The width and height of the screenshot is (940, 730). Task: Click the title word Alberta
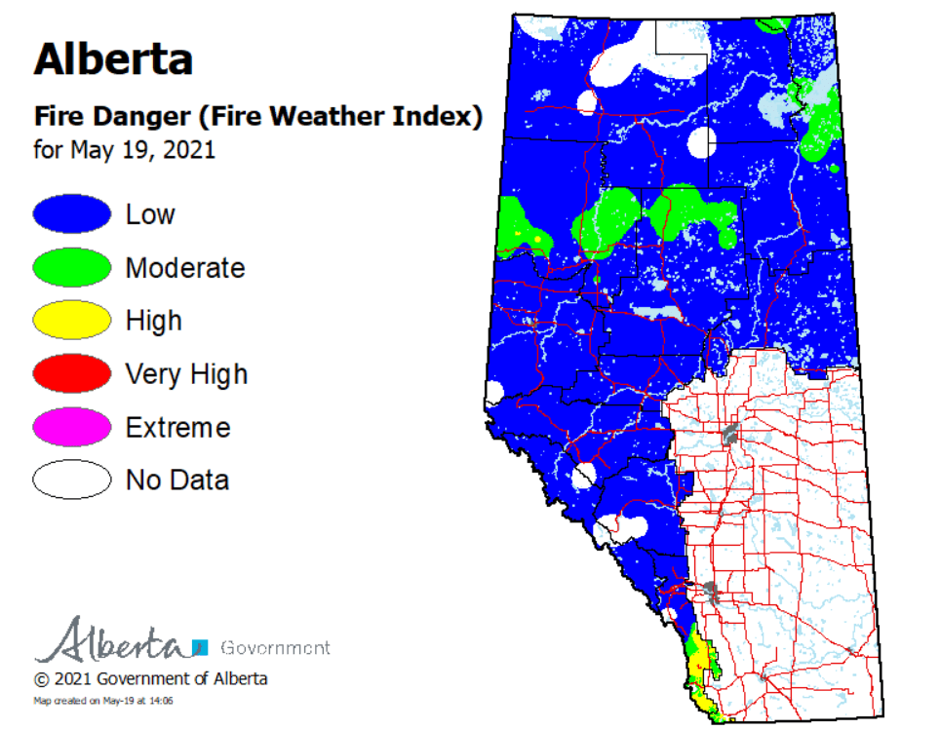point(113,59)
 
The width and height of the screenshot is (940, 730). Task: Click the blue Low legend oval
point(72,214)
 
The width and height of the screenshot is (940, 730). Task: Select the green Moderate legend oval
point(72,268)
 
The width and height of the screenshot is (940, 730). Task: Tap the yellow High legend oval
point(72,321)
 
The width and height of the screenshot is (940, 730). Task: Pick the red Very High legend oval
point(72,374)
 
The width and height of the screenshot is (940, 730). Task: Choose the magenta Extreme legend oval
point(72,427)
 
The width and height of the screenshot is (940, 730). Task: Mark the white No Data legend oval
point(72,480)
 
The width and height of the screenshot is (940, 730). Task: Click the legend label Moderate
point(184,268)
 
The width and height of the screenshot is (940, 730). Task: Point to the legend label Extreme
point(177,428)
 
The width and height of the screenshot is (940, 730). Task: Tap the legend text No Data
point(176,480)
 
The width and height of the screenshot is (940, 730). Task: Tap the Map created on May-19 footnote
point(103,701)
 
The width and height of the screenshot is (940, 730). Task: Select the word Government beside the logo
point(275,647)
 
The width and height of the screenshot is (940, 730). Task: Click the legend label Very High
point(186,374)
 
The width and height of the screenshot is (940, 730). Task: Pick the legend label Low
point(150,214)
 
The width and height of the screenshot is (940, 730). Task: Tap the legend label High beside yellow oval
point(153,321)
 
